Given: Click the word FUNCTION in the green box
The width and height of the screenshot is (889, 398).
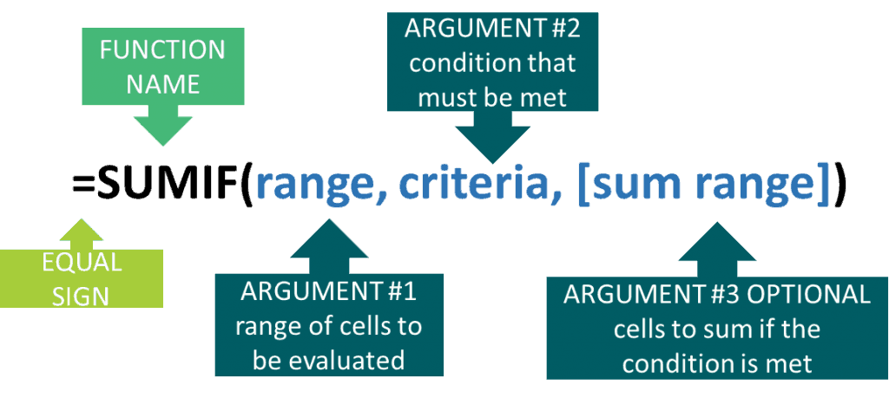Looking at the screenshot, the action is click(162, 50).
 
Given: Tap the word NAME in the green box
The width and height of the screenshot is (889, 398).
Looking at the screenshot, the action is click(162, 84).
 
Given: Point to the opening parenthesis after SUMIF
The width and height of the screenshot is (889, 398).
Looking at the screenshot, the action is click(248, 186).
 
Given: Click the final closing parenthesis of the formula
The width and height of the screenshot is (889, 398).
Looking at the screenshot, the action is click(840, 186).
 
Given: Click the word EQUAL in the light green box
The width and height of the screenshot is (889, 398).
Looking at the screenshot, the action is click(82, 263).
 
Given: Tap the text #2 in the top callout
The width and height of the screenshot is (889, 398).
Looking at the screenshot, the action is click(561, 30).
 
